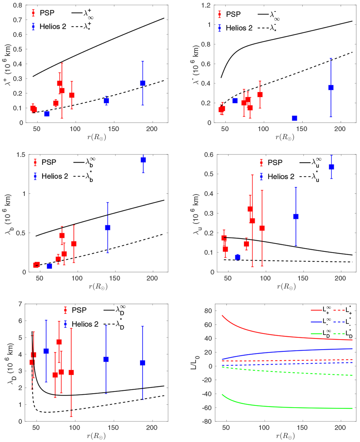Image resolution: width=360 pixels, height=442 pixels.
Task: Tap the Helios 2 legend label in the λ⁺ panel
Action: tap(53, 27)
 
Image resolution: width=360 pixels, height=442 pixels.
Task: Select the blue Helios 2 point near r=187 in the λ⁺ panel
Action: tap(143, 83)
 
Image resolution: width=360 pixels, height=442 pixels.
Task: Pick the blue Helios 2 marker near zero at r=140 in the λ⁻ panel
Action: tap(295, 118)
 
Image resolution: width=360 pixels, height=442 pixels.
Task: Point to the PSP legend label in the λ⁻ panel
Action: tap(233, 14)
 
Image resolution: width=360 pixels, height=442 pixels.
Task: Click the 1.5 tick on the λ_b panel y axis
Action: tap(21, 155)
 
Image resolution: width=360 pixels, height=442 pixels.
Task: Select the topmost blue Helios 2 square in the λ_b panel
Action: tap(143, 160)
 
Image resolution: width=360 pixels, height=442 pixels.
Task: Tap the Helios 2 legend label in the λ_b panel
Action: tap(55, 176)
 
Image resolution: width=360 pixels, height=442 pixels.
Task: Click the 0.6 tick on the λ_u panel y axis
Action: tap(209, 155)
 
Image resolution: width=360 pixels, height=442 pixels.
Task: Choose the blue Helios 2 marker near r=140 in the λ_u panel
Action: tap(296, 217)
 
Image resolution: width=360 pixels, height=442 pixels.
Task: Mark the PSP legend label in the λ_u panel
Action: tap(275, 163)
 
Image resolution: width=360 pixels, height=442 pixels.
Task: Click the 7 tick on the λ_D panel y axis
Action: tap(20, 304)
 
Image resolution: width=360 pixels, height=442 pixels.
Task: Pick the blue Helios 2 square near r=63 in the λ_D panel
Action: tap(46, 351)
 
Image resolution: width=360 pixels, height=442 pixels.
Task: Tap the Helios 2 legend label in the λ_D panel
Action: tap(85, 324)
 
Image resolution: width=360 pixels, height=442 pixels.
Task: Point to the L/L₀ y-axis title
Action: tap(195, 362)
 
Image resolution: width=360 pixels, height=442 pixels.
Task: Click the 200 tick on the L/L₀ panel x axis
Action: tap(340, 428)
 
